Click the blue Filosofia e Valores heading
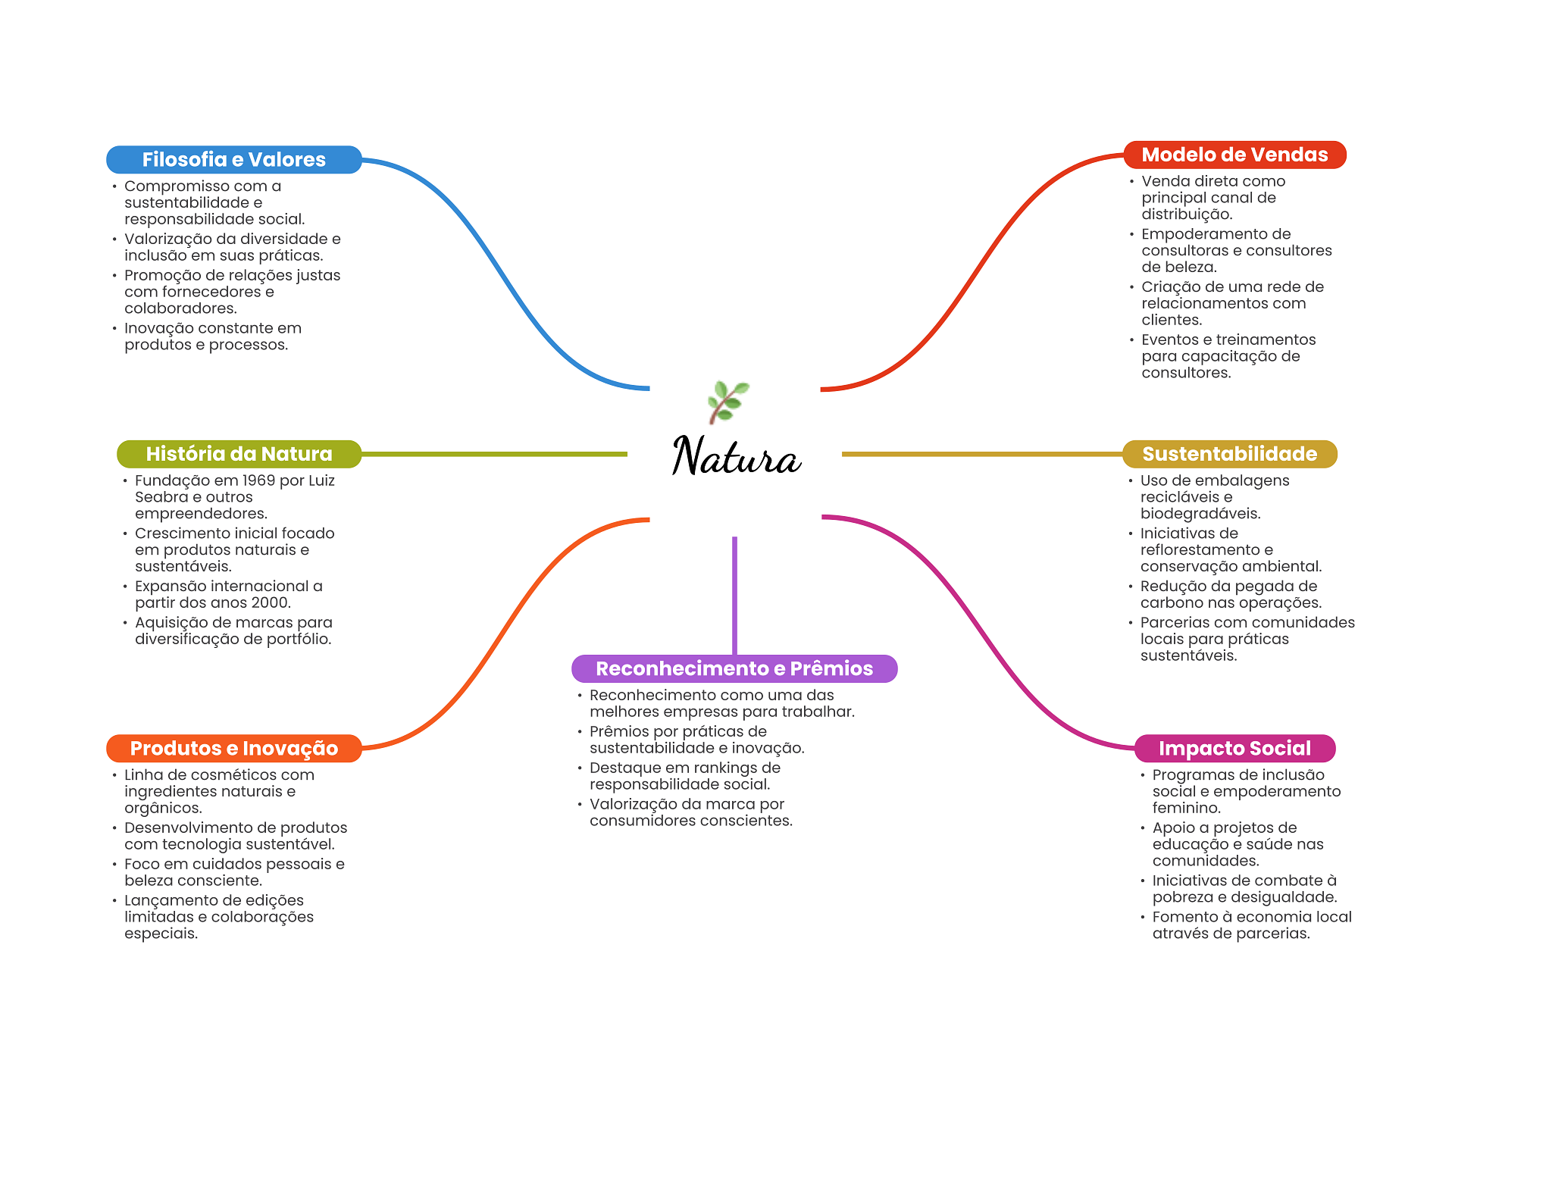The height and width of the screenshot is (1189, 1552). point(234,159)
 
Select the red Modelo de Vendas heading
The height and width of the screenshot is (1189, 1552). point(1234,155)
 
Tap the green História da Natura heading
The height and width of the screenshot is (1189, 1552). point(239,454)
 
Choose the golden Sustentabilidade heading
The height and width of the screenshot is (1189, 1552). point(1229,454)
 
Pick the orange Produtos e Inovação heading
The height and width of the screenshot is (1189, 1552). point(234,748)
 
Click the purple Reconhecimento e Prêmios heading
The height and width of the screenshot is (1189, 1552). point(734,668)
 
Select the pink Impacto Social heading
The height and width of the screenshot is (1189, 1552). point(1234,748)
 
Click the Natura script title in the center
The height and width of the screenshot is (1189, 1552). point(737,456)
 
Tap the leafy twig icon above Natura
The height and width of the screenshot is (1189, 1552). point(727,402)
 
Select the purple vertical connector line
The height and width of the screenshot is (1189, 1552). point(734,596)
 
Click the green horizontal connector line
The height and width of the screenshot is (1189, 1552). point(494,454)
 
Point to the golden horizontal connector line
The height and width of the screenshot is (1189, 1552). point(982,454)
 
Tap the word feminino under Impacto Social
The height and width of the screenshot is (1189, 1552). point(1186,808)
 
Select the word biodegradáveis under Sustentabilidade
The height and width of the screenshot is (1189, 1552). point(1200,514)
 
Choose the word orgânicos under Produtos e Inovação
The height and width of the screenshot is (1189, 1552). point(163,809)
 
